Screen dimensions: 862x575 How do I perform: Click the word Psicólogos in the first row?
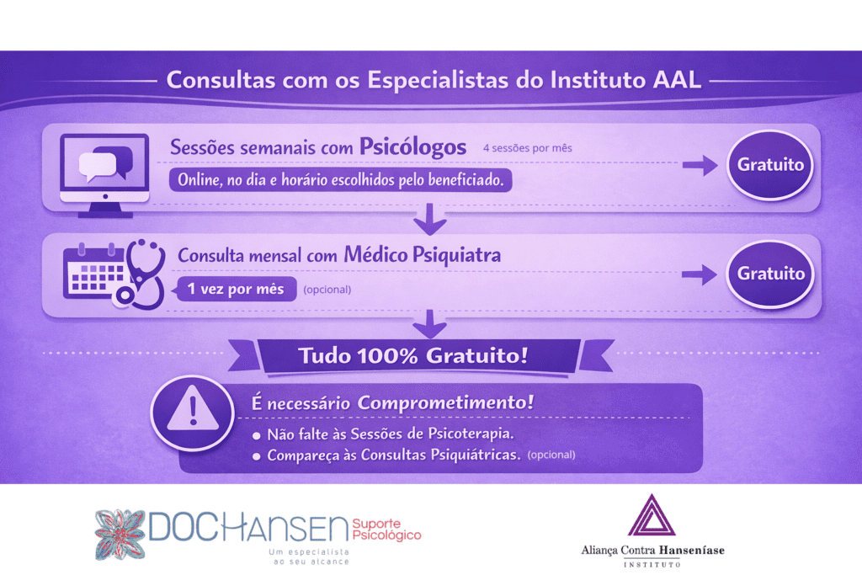coord(412,147)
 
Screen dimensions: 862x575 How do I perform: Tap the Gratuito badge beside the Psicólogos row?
coord(769,164)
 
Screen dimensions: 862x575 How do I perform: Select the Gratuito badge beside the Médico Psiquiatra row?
coord(769,274)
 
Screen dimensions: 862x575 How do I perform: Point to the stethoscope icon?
coord(141,274)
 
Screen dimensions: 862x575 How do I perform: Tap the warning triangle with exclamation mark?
coord(193,409)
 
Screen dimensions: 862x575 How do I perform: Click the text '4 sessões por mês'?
coord(527,148)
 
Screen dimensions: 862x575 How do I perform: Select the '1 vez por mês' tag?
coord(236,289)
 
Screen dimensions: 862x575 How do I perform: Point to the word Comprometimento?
coord(445,402)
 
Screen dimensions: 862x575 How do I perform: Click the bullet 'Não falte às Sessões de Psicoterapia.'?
coord(384,434)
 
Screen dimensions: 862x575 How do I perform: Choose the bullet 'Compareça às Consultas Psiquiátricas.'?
coord(386,455)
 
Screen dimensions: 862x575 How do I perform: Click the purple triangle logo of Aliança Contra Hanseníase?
coord(652,515)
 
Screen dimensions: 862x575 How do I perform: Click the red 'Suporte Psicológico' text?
coord(386,530)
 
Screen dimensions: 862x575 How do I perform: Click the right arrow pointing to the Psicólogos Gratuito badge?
coord(700,165)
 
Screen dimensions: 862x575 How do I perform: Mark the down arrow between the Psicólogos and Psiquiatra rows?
coord(430,219)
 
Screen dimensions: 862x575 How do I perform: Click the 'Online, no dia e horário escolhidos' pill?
coord(341,180)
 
